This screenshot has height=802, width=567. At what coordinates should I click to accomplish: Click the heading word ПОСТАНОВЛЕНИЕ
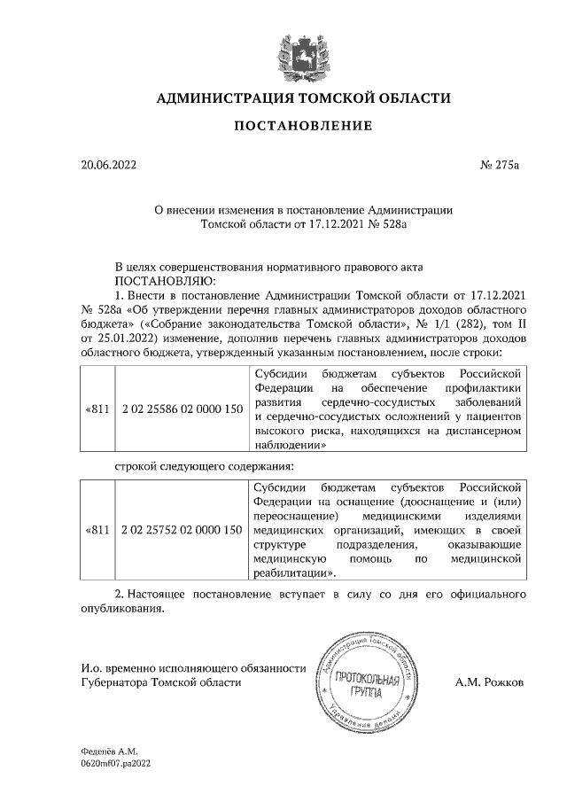pos(303,126)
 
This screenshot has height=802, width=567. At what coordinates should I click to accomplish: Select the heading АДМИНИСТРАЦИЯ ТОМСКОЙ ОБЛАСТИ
pos(303,97)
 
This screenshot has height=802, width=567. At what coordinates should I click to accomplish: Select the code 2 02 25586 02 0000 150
pos(181,410)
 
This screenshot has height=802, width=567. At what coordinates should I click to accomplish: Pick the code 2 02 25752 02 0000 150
pos(181,530)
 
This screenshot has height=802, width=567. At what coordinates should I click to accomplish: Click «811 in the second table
pos(97,530)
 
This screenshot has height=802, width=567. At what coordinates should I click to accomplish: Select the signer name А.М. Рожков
pos(514,683)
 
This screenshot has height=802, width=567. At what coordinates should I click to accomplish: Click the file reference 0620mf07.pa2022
pos(117,762)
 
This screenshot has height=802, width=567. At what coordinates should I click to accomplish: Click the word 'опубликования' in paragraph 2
pos(123,610)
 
